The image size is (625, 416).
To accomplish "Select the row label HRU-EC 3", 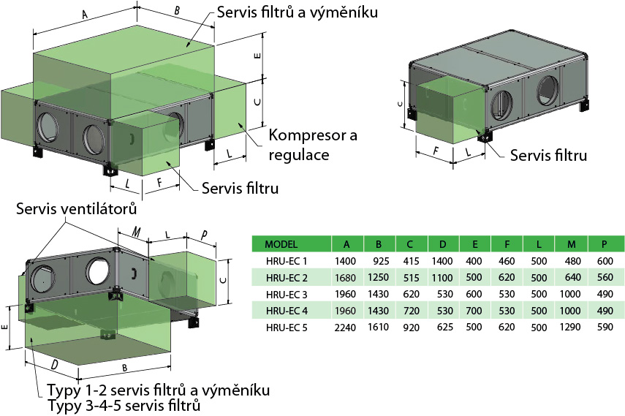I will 283,294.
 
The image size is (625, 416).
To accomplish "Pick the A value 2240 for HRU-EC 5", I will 345,327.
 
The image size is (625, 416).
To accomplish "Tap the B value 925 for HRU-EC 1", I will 379,261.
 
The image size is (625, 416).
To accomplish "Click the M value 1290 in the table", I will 567,327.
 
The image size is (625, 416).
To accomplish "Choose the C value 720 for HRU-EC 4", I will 412,310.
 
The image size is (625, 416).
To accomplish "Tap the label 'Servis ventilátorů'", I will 76,209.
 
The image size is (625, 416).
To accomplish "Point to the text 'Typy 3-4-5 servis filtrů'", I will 124,404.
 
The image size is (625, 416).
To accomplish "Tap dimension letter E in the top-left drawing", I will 256,56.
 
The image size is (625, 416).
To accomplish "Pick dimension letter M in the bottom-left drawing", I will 136,231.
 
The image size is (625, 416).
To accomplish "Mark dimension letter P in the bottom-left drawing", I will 203,235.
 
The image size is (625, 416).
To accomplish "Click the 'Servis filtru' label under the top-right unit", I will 548,155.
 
